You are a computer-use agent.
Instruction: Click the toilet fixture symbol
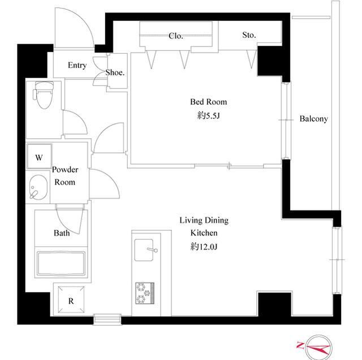point(44,95)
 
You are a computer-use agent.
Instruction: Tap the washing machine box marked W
point(39,156)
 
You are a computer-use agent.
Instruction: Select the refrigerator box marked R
point(71,299)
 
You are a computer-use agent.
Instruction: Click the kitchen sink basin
point(144,250)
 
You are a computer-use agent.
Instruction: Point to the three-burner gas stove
point(145,293)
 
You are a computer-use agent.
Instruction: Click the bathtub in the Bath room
point(61,264)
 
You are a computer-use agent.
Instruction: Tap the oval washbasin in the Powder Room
point(38,187)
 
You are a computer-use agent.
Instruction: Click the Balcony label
point(313,119)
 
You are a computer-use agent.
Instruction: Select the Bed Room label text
point(209,102)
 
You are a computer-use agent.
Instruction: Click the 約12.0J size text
point(204,247)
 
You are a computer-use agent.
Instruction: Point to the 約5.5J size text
point(208,115)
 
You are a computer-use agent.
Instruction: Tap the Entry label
point(77,66)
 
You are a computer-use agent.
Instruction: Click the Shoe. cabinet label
point(115,72)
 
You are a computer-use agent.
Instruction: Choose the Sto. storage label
point(249,35)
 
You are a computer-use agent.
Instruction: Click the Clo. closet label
point(176,36)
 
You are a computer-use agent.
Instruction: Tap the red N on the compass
point(300,345)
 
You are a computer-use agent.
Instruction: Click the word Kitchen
point(204,233)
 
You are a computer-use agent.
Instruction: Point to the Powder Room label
point(65,176)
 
